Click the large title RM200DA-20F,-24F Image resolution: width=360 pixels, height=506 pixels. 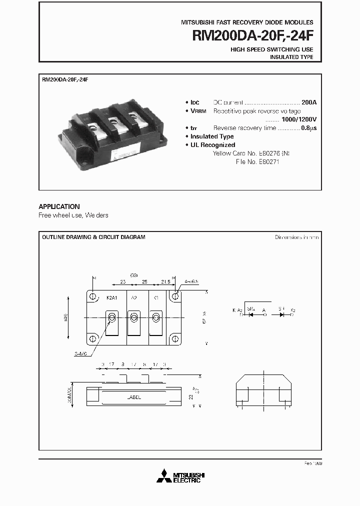pyautogui.click(x=253, y=35)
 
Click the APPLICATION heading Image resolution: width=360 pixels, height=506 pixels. pyautogui.click(x=59, y=206)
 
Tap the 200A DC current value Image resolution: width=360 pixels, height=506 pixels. pyautogui.click(x=309, y=102)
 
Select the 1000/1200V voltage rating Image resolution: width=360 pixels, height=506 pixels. pyautogui.click(x=298, y=119)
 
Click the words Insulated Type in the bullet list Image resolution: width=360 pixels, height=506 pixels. pyautogui.click(x=212, y=136)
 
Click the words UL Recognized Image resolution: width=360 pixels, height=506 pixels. pyautogui.click(x=213, y=145)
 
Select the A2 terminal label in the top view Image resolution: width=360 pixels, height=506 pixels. pyautogui.click(x=133, y=297)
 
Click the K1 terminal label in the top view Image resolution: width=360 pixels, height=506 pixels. pyautogui.click(x=156, y=297)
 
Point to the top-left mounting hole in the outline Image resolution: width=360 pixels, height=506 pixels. pyautogui.click(x=93, y=296)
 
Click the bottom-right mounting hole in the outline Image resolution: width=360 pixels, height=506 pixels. pyautogui.click(x=175, y=338)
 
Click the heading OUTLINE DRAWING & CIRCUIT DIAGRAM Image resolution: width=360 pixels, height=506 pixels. pyautogui.click(x=93, y=237)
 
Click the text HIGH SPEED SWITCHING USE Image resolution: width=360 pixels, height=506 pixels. pyautogui.click(x=272, y=49)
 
